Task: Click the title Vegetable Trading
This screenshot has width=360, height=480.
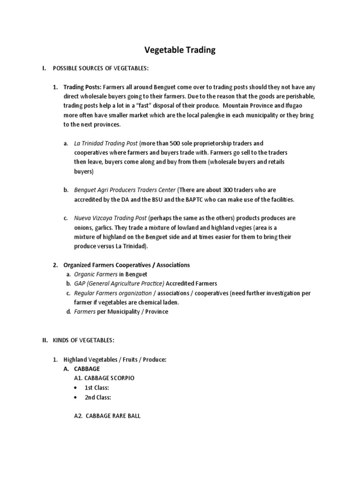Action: point(180,50)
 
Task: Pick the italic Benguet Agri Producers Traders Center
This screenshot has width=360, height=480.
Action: point(125,190)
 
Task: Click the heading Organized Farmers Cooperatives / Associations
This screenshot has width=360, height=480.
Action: point(127,265)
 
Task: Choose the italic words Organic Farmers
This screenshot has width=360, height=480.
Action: point(96,274)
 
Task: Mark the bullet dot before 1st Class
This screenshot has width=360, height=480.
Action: point(75,388)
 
